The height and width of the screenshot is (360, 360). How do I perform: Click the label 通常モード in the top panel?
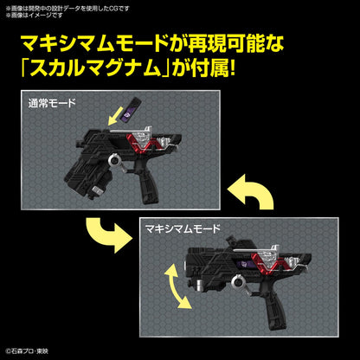pyautogui.click(x=54, y=104)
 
